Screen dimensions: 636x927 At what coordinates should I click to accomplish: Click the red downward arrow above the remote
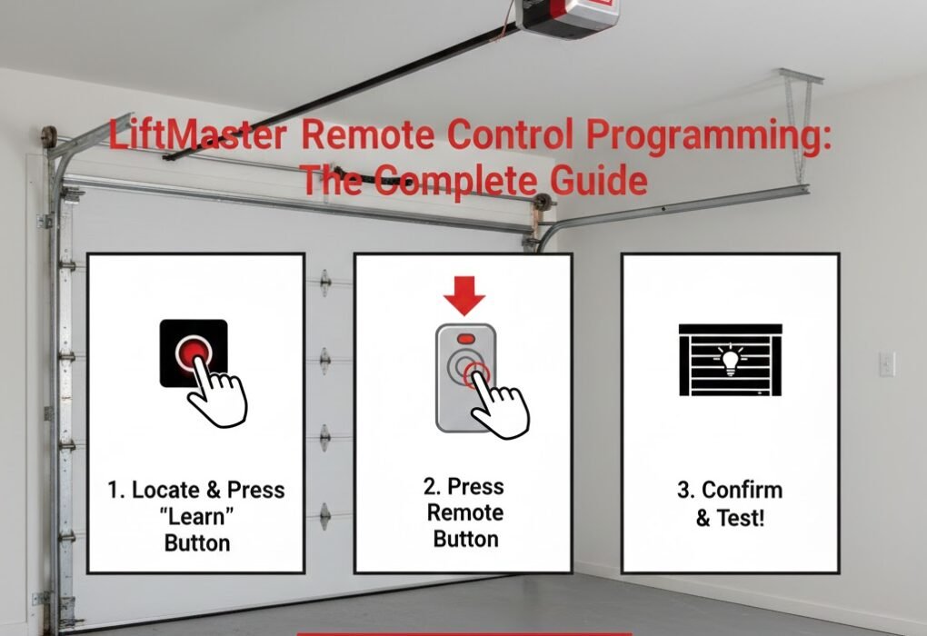[463, 294]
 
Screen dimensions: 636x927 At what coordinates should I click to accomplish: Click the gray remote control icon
[462, 376]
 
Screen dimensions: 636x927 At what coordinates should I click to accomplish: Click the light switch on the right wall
[886, 364]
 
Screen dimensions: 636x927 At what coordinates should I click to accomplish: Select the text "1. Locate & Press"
[195, 491]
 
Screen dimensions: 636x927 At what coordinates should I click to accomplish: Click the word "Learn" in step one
[195, 517]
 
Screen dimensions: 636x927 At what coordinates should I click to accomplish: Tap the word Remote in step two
[464, 512]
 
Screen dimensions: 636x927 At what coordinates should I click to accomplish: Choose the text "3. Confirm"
[730, 492]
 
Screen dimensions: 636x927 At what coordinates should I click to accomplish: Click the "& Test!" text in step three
[730, 519]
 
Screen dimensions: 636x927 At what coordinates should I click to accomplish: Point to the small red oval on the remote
[465, 338]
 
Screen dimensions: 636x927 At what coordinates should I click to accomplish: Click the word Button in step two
[464, 539]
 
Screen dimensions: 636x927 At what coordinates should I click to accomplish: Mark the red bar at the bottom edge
[463, 632]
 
